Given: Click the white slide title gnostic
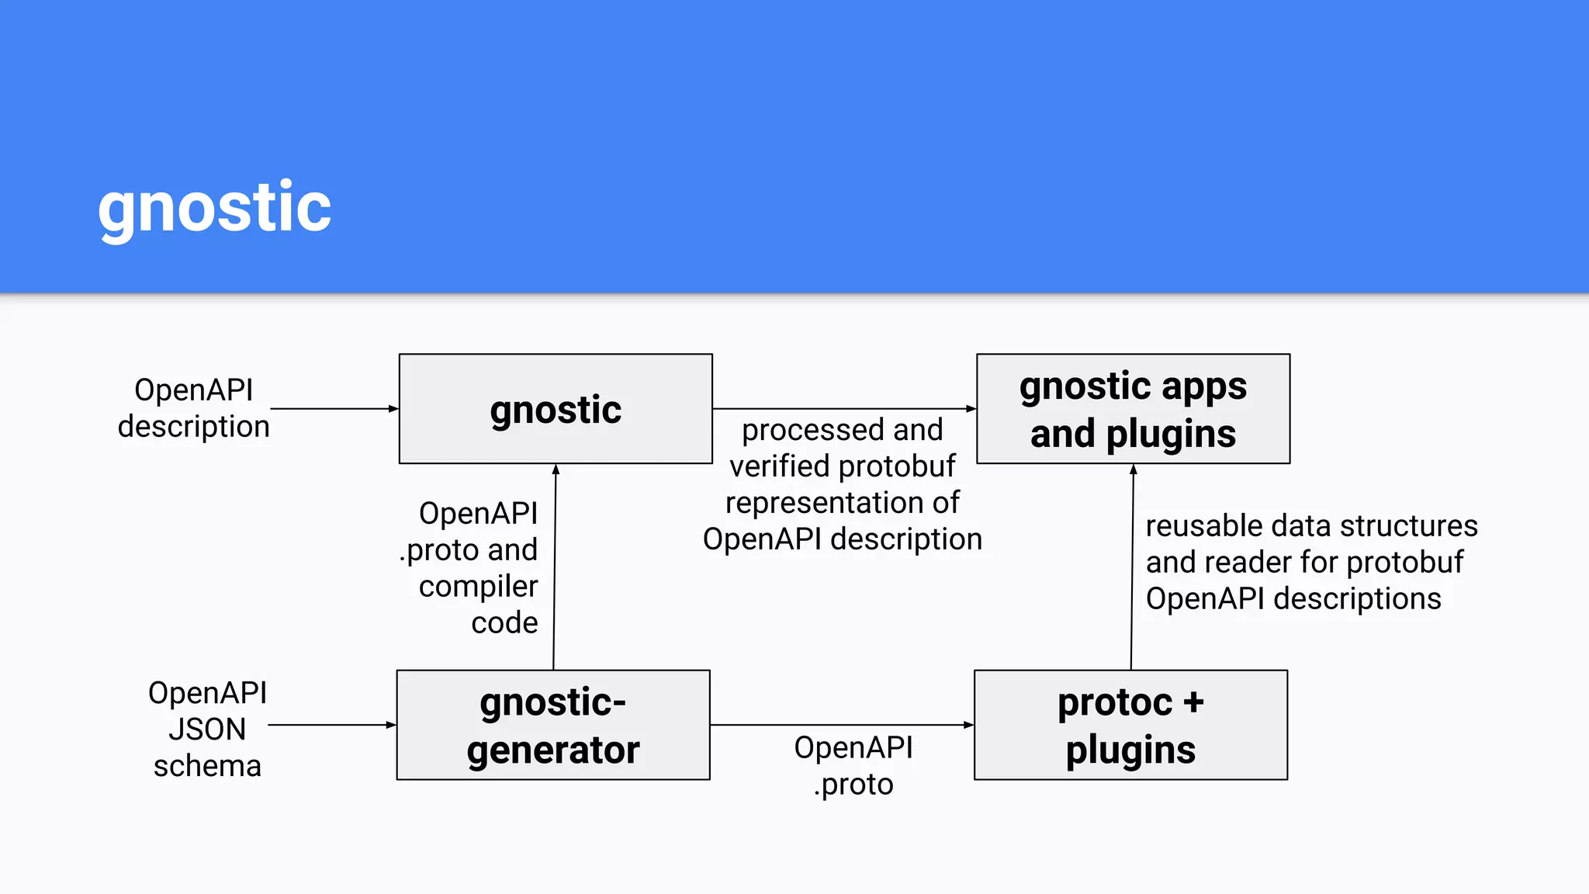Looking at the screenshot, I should pos(214,208).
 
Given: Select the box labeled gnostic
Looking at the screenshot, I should pos(556,409).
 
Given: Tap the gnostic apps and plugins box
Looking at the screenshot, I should pos(1133,409).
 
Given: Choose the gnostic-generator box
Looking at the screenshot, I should pos(553,725).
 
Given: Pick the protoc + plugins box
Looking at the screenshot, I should pos(1130,725).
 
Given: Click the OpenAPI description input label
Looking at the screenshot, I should pos(193,408).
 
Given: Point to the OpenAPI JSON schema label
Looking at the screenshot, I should pos(207,729).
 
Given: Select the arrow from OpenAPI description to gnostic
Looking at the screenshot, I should pos(334,408).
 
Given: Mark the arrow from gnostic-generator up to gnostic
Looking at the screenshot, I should pos(555,567).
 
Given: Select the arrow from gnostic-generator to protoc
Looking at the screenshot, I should pos(842,725).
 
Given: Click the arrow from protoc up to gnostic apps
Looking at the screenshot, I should pos(1132,567).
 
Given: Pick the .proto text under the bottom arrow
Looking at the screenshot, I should pos(853,785).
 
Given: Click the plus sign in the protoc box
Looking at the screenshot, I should pos(1193,702).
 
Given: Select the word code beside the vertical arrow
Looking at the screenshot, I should pos(504,623).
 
